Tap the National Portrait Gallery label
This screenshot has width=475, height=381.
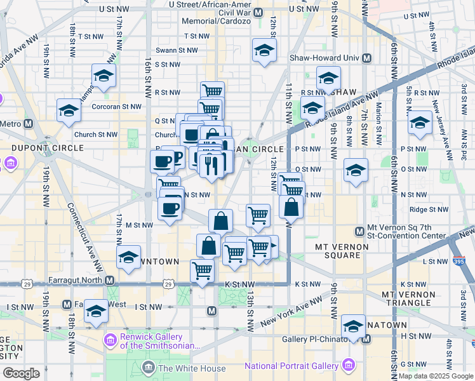click(x=292, y=366)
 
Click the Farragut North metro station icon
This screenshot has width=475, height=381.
click(x=110, y=280)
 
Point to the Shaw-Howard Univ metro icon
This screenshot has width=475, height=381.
click(x=366, y=58)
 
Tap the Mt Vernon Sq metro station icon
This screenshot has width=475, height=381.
click(x=360, y=231)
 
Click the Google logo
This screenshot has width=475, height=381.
click(x=21, y=373)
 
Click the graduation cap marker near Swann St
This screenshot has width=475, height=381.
click(x=264, y=51)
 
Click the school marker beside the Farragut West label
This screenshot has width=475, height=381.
click(x=97, y=311)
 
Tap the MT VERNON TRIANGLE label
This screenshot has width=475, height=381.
click(x=415, y=300)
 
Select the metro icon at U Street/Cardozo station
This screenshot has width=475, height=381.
click(x=258, y=12)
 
